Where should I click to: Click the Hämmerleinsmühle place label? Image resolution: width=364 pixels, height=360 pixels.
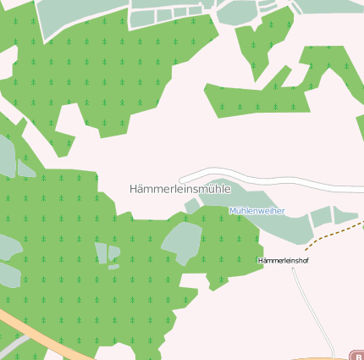pyautogui.click(x=180, y=189)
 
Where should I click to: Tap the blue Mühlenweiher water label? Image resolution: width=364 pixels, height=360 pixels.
pyautogui.click(x=256, y=210)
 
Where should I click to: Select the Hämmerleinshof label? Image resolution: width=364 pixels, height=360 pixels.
pyautogui.click(x=283, y=260)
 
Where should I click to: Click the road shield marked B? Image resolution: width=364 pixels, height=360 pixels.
pyautogui.click(x=356, y=355)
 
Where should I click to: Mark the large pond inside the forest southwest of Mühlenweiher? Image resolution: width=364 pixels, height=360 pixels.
pyautogui.click(x=181, y=241)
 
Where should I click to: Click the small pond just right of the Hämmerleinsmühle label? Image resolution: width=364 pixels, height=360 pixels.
pyautogui.click(x=192, y=205)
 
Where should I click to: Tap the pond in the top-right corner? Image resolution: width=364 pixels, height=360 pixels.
pyautogui.click(x=330, y=6)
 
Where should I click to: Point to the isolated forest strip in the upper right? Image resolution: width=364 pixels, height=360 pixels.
pyautogui.click(x=279, y=93)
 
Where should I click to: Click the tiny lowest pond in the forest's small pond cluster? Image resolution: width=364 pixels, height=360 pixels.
pyautogui.click(x=113, y=268)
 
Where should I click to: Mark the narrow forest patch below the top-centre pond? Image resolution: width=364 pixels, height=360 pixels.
pyautogui.click(x=254, y=47)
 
